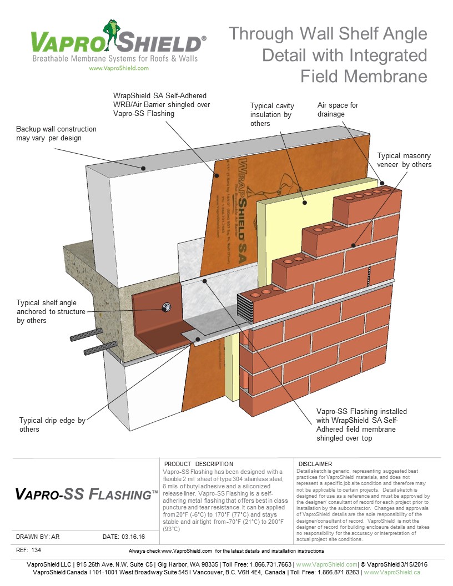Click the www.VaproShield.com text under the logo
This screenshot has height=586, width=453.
(118, 68)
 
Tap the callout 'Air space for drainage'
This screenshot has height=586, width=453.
(339, 109)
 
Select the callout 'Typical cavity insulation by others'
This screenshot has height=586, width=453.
(272, 114)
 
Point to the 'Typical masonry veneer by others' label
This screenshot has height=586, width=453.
(404, 160)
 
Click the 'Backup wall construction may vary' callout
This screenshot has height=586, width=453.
(56, 133)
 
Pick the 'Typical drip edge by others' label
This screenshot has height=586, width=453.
(52, 425)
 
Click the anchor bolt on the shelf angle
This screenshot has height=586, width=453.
(165, 307)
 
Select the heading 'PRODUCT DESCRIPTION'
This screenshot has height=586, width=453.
(199, 464)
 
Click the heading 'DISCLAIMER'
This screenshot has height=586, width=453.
(315, 464)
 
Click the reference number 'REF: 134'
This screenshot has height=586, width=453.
(28, 550)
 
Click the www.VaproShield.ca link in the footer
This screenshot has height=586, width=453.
(392, 572)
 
